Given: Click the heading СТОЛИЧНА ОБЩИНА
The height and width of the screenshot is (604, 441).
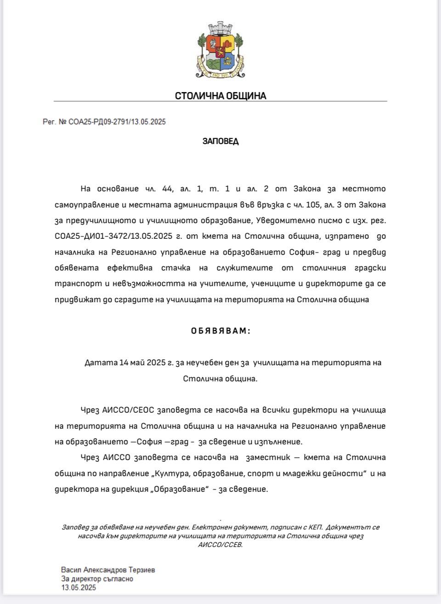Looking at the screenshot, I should point(220,96).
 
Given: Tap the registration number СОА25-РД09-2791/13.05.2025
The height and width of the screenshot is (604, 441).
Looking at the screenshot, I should point(117,122).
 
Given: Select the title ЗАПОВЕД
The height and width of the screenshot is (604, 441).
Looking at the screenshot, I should point(220,141).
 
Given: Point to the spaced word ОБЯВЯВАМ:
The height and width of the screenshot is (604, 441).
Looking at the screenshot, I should point(220,331).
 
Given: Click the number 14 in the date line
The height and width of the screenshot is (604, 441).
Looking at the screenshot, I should point(124,362).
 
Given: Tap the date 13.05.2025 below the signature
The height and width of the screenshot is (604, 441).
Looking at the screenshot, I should point(79,587).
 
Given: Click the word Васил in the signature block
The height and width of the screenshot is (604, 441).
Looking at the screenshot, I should point(70,570).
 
